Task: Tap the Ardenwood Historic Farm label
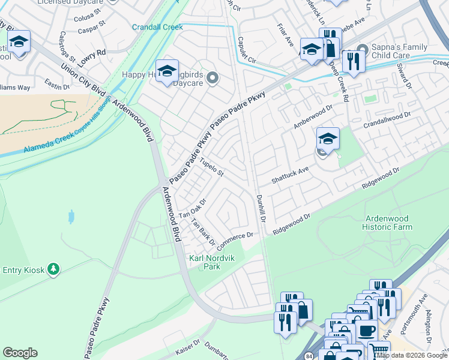click(x=387, y=223)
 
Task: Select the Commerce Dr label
click(x=234, y=242)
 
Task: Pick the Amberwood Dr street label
click(x=312, y=116)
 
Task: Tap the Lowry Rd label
click(x=92, y=52)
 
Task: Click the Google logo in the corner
click(x=20, y=353)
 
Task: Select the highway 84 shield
click(x=309, y=355)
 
